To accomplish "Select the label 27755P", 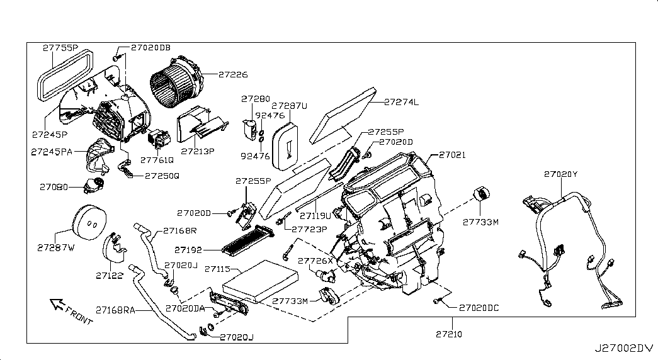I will pyautogui.click(x=60, y=47).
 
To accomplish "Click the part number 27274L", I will pyautogui.click(x=402, y=101).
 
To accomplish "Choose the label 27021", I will pyautogui.click(x=452, y=155).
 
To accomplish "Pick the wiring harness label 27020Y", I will pyautogui.click(x=560, y=174).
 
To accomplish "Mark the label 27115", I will pyautogui.click(x=218, y=268).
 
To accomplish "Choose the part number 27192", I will pyautogui.click(x=190, y=249).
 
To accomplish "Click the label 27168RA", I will pyautogui.click(x=115, y=309).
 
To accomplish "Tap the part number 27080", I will pyautogui.click(x=54, y=187).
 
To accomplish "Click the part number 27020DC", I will pyautogui.click(x=479, y=308).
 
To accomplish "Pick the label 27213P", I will pyautogui.click(x=198, y=151).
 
